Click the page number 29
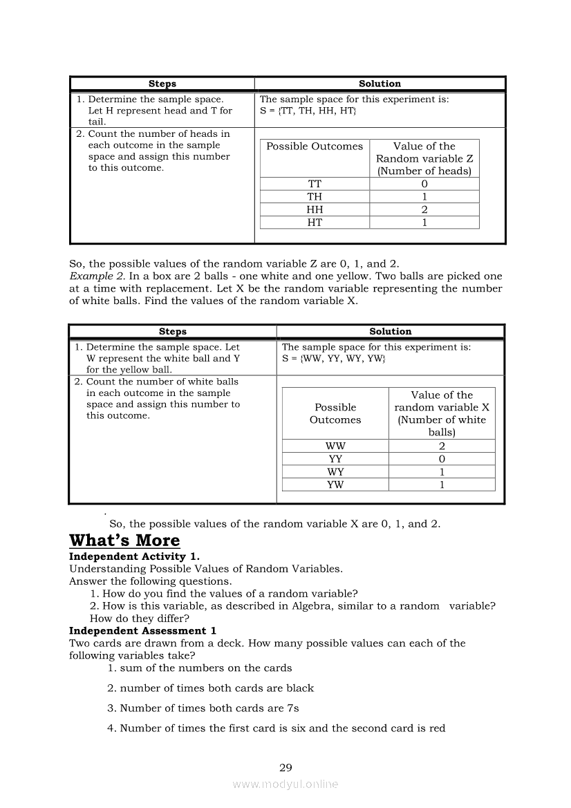(x=285, y=767)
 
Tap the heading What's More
(x=124, y=541)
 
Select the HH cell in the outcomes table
(x=315, y=209)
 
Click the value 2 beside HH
(x=424, y=209)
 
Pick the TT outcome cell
(x=315, y=184)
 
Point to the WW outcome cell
(x=335, y=447)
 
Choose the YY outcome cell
(x=335, y=459)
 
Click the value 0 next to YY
(x=442, y=459)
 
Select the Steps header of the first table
(x=162, y=84)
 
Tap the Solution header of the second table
(x=390, y=332)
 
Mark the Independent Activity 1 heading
(x=128, y=556)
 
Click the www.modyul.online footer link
(x=285, y=784)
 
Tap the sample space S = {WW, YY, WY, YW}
(x=333, y=359)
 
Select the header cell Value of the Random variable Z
(x=424, y=158)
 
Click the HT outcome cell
(x=315, y=222)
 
